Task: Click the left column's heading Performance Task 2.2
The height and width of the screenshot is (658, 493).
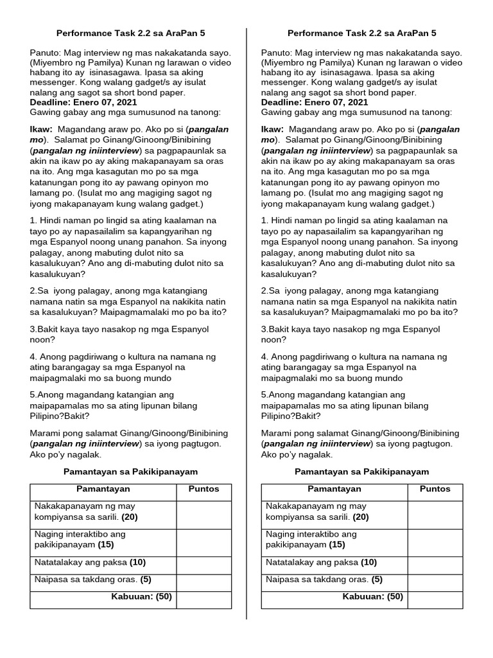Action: pos(131,33)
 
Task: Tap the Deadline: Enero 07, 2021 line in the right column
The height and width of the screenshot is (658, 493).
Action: pos(315,102)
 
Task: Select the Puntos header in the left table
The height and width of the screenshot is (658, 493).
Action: pos(203,489)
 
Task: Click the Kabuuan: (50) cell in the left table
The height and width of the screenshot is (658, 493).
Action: pos(141,596)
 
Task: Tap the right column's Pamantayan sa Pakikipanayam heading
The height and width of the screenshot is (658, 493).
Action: pos(361,472)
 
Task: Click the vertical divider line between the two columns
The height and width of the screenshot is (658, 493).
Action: pos(246,321)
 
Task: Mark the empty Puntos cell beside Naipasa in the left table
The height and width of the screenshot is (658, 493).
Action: pos(203,580)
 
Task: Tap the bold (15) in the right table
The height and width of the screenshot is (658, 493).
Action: pos(337,544)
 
